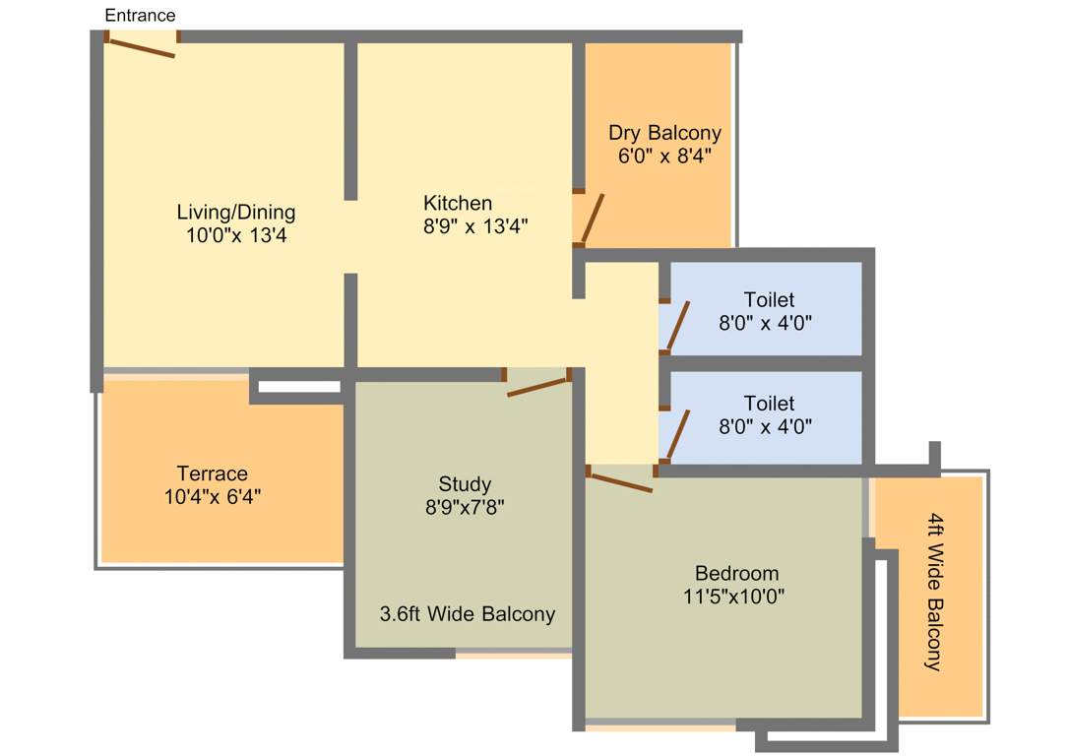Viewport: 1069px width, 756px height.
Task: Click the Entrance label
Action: [140, 15]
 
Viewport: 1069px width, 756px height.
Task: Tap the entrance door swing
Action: [141, 47]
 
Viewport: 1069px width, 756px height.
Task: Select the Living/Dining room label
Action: [236, 212]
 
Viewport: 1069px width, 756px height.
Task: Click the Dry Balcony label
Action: [664, 133]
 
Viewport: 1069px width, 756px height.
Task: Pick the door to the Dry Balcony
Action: [592, 219]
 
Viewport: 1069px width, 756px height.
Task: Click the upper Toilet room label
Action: [769, 299]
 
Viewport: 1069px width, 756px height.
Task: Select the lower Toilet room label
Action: [769, 404]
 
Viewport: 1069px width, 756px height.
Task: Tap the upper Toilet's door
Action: [678, 326]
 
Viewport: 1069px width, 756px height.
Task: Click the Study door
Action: [538, 387]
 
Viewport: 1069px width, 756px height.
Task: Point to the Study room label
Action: [465, 484]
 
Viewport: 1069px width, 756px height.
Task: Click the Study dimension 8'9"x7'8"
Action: [465, 508]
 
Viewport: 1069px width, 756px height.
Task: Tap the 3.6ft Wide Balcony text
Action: [468, 614]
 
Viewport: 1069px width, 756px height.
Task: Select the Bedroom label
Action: [736, 573]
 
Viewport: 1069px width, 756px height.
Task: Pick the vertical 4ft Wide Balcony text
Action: [933, 591]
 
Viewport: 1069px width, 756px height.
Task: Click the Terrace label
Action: [213, 473]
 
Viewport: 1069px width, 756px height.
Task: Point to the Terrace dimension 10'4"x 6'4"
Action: [213, 497]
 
